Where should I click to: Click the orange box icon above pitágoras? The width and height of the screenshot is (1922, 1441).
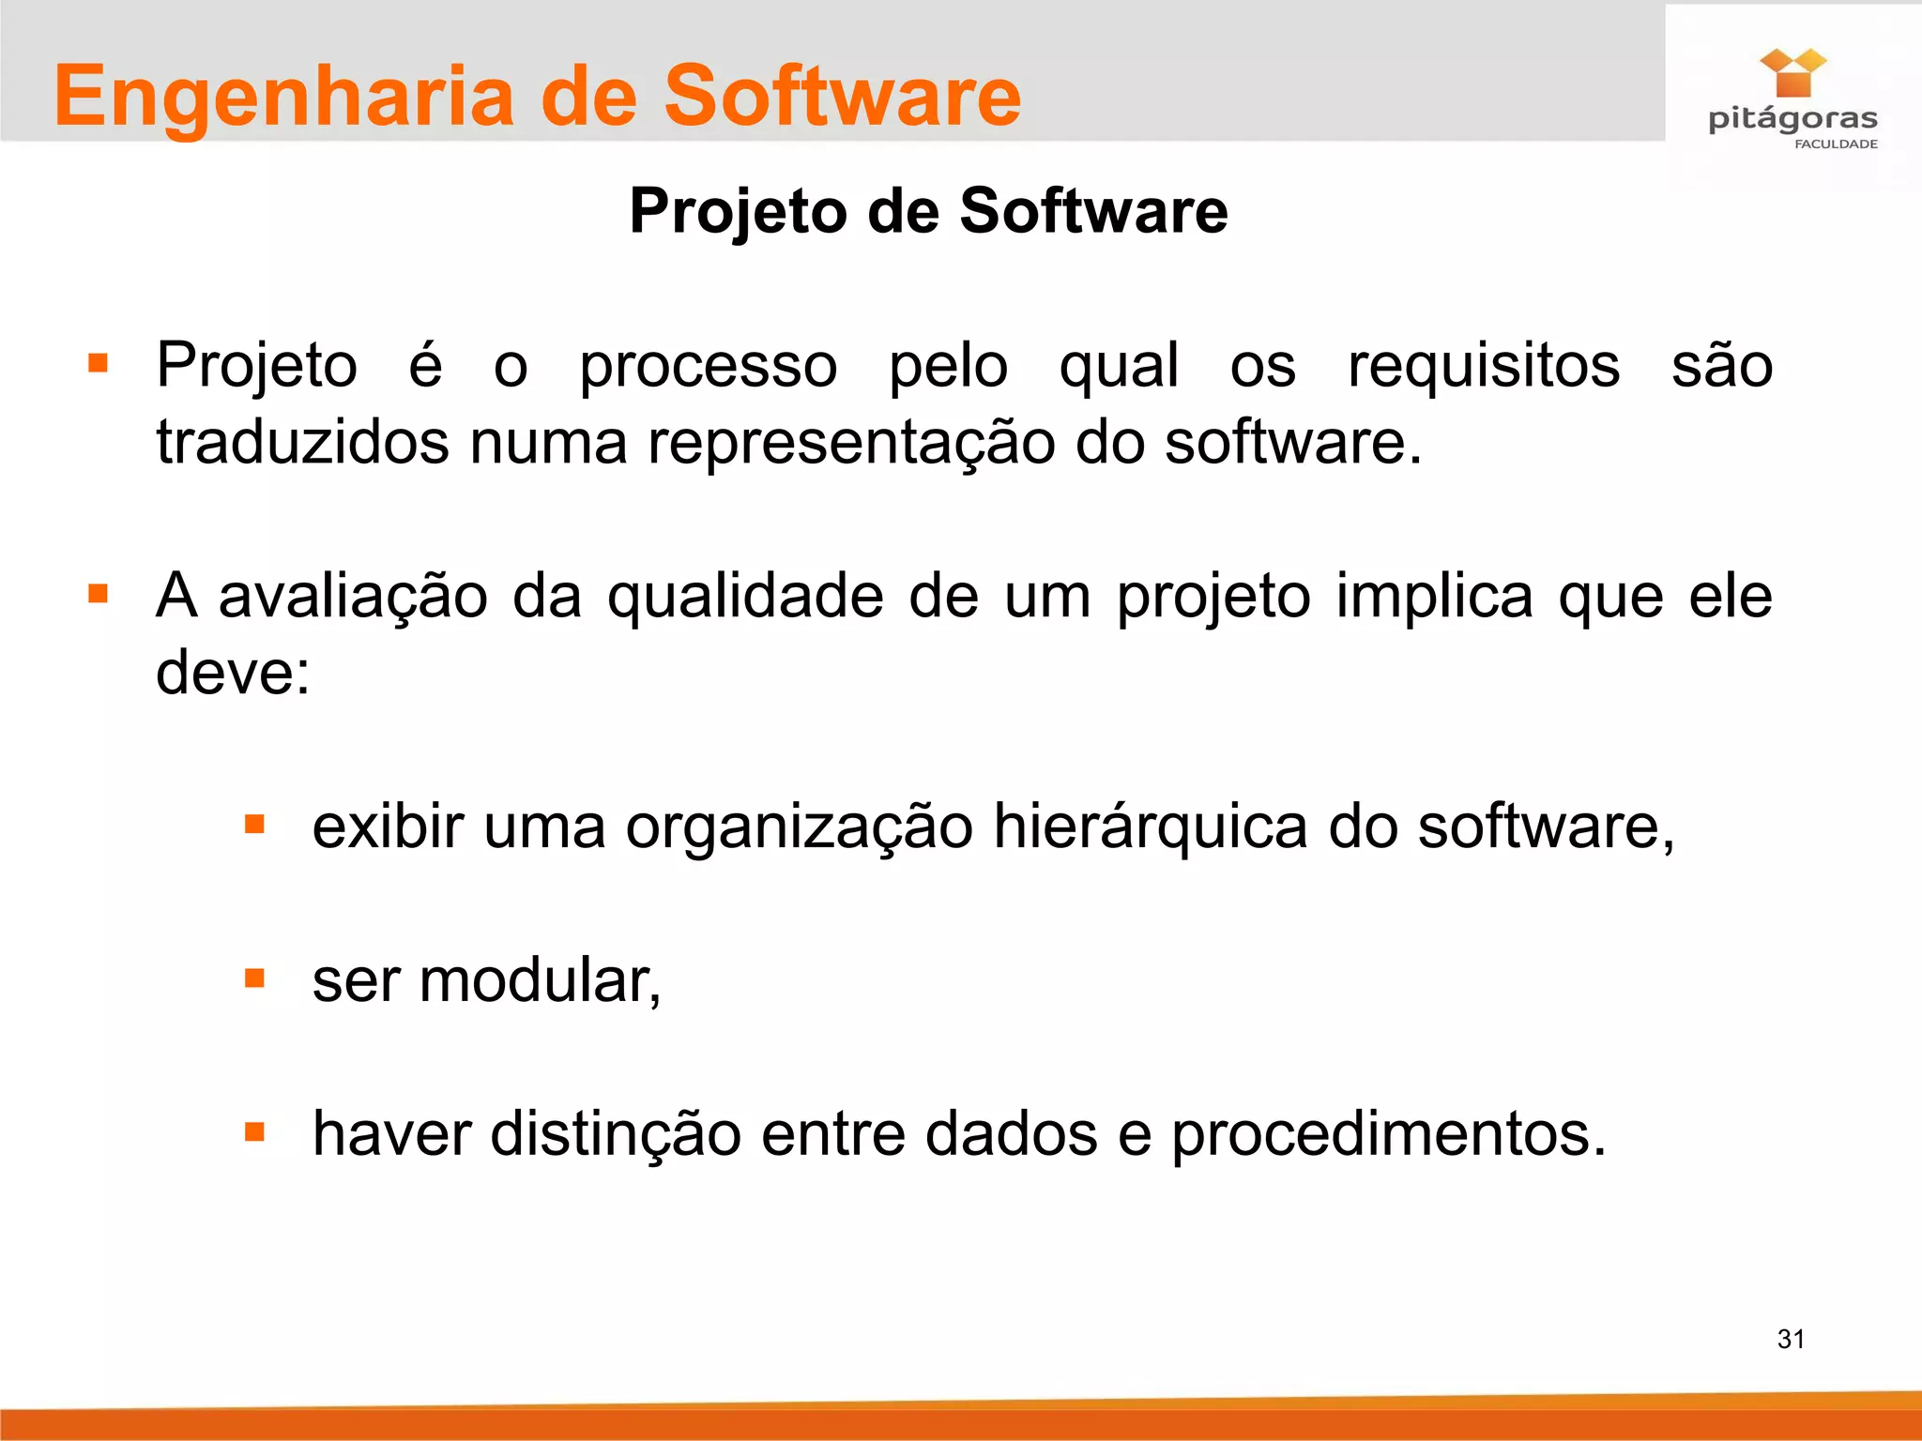(1792, 73)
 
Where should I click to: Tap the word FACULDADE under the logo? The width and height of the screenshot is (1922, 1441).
(1836, 144)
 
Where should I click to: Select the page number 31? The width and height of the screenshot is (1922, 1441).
(1791, 1339)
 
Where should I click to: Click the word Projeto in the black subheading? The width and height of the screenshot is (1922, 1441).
(737, 212)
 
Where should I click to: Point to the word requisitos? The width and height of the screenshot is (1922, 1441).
(1483, 365)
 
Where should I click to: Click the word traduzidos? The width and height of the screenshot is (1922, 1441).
(302, 442)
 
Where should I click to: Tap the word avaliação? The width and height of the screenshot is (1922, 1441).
(353, 597)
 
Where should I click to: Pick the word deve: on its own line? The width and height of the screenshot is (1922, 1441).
(233, 673)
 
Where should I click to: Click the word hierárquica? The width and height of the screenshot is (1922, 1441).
(1150, 827)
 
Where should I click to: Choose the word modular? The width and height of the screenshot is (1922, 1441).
(539, 980)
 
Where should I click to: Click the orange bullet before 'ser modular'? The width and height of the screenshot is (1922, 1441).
(254, 978)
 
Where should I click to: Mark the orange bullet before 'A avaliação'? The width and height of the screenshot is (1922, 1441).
(98, 594)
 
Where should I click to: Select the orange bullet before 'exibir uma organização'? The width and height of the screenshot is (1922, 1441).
(254, 825)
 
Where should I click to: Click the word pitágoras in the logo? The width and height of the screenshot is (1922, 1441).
(1792, 120)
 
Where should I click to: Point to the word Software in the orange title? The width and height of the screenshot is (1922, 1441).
(842, 98)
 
